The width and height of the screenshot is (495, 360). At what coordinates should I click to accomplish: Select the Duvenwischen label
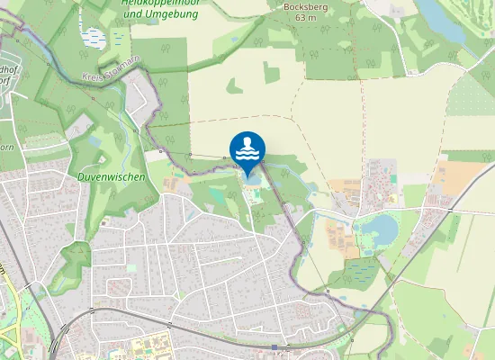[112, 177]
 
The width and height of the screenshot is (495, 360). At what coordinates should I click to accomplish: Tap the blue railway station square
[274, 346]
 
